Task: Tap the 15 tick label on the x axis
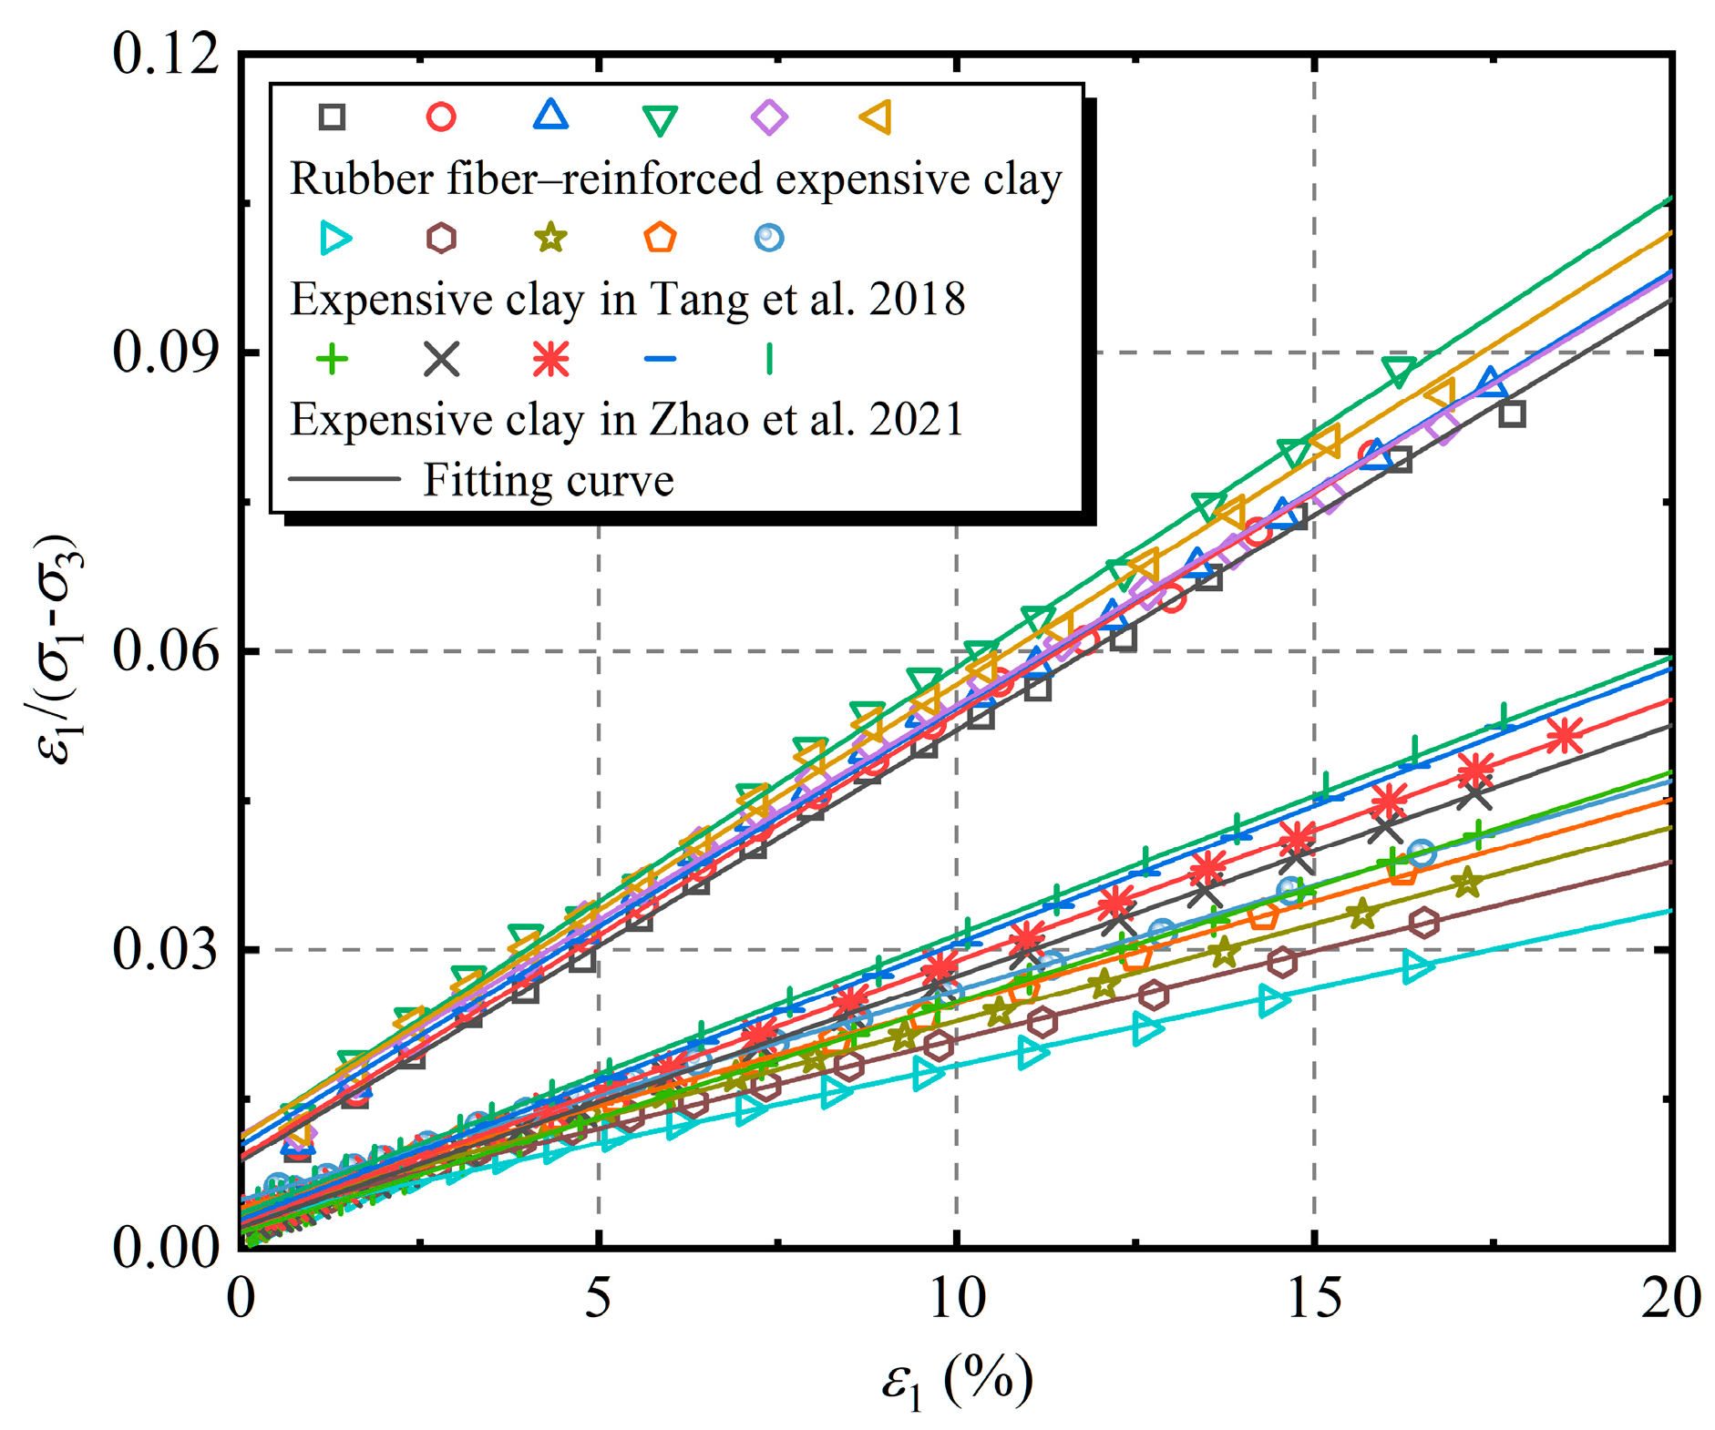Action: [1313, 1297]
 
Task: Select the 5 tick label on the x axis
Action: [597, 1297]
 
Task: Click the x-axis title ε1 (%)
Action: [957, 1381]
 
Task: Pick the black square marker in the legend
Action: [332, 117]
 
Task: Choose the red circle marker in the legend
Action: [441, 117]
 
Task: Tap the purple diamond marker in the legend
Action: [769, 117]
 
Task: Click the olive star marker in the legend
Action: [550, 239]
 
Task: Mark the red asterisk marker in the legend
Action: [550, 359]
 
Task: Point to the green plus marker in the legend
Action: [332, 359]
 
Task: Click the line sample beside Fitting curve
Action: [344, 479]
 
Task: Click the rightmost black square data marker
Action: [1512, 414]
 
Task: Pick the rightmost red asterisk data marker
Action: [1565, 736]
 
